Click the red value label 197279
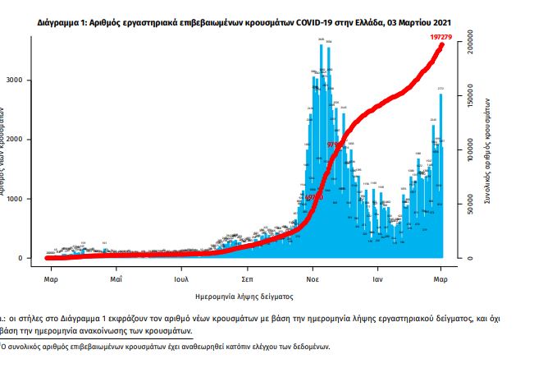click(444, 38)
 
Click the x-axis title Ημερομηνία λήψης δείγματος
click(244, 294)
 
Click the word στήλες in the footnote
click(30, 316)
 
